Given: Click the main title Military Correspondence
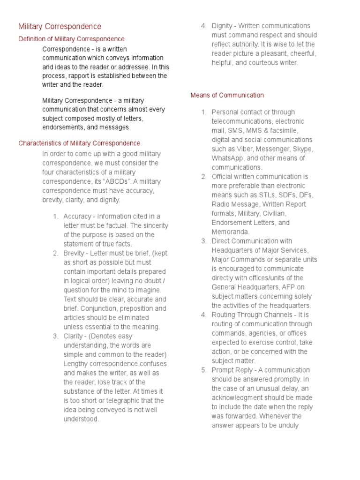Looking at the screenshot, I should click(60, 27).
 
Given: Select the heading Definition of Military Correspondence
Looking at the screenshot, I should click(71, 39).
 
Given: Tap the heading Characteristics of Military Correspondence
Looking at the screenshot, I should click(79, 143).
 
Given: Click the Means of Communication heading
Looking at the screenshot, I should click(227, 95).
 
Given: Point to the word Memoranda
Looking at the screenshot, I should click(230, 232).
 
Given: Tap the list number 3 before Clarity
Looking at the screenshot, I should click(55, 336).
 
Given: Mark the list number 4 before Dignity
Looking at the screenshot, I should click(203, 26).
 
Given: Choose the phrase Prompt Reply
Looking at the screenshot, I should click(232, 370).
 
